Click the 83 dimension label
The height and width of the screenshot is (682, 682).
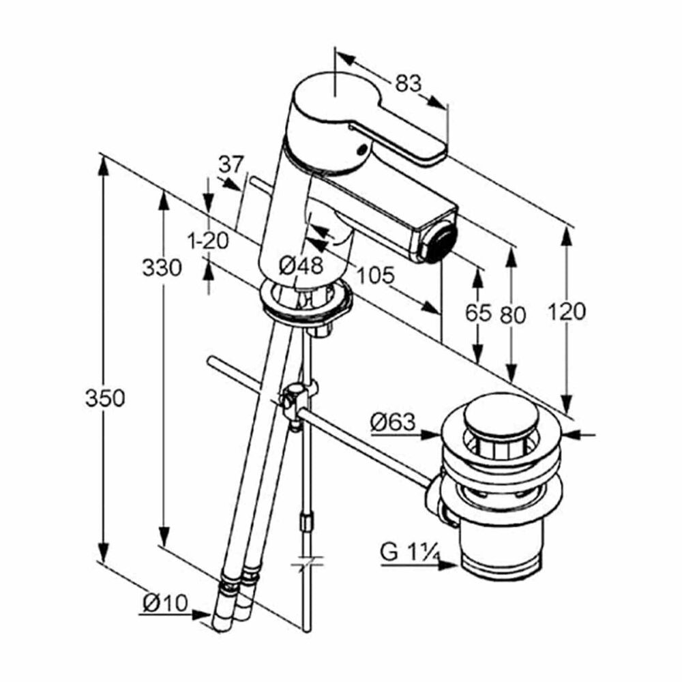click(409, 83)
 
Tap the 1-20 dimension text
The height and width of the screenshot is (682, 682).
click(208, 241)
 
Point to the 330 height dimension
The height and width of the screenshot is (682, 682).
click(162, 267)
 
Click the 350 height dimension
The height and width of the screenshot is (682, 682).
click(105, 398)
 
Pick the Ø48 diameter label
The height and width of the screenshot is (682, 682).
click(301, 265)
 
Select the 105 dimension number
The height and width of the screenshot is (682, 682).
click(375, 275)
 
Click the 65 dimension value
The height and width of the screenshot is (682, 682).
click(478, 312)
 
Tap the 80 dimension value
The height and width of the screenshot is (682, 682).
click(512, 315)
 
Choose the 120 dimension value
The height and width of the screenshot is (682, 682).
click(566, 312)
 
